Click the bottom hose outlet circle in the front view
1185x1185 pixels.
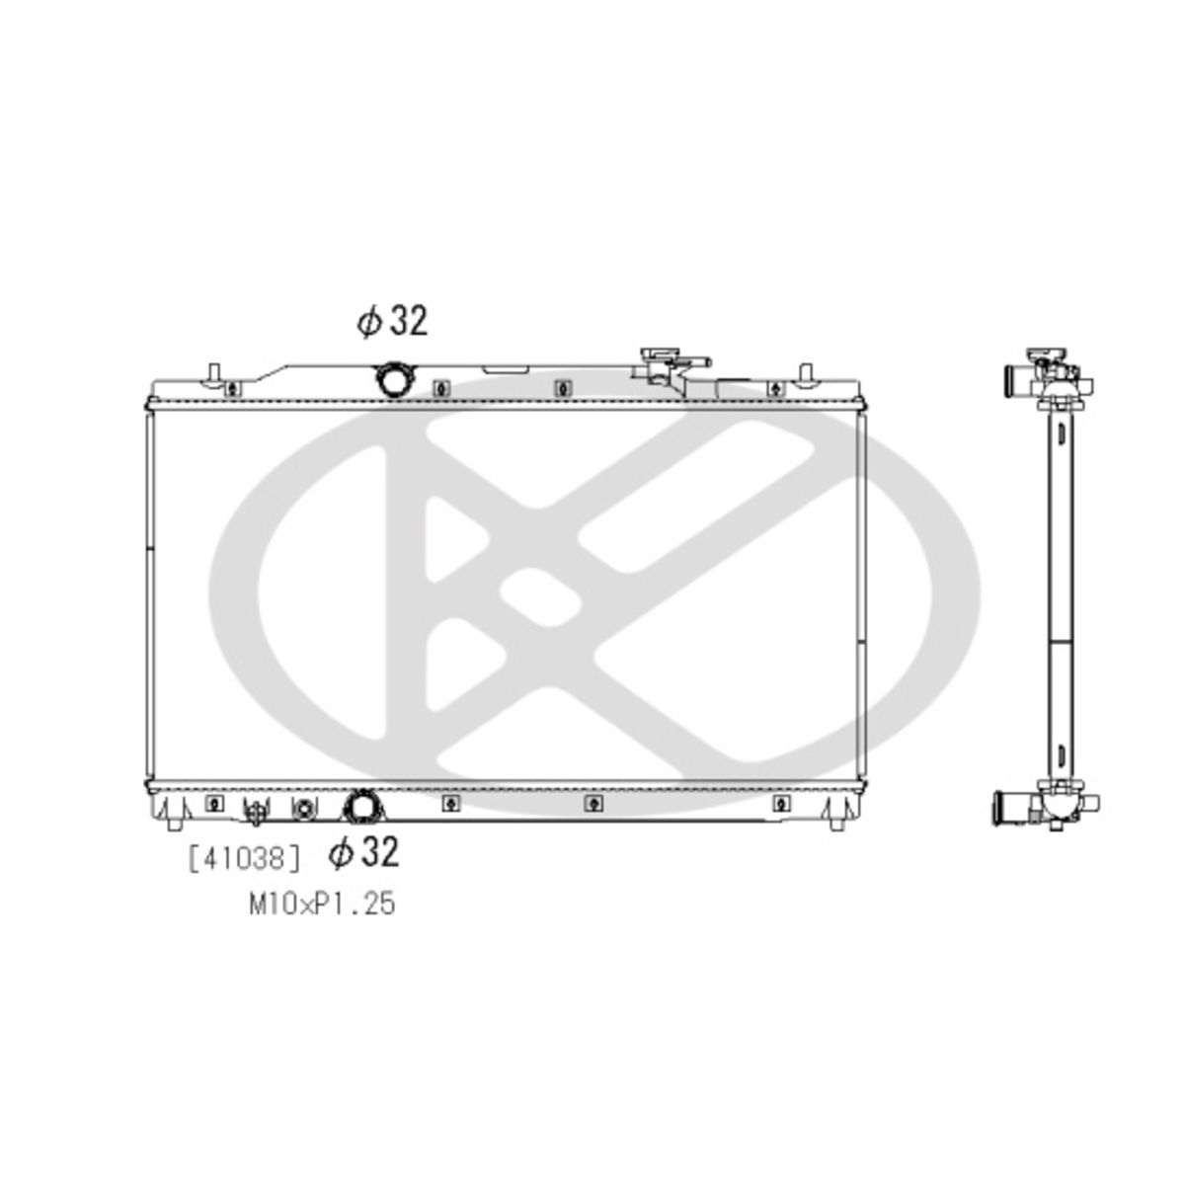tap(362, 805)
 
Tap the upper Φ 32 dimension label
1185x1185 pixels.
tap(392, 321)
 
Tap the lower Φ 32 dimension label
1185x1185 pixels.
tap(363, 852)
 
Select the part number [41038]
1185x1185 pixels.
tap(245, 858)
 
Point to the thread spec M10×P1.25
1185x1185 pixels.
tap(322, 904)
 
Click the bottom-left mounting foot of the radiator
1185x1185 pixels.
tap(174, 823)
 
